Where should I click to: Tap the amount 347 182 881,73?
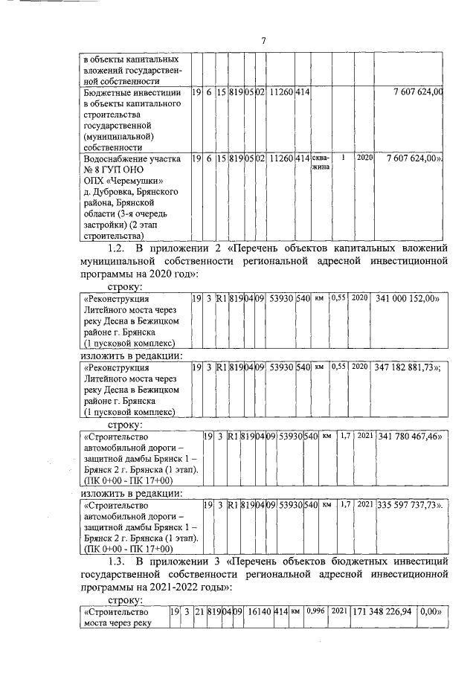tap(411, 367)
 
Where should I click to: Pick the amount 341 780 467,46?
tap(411, 437)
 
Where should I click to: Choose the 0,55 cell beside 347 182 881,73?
tap(339, 367)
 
